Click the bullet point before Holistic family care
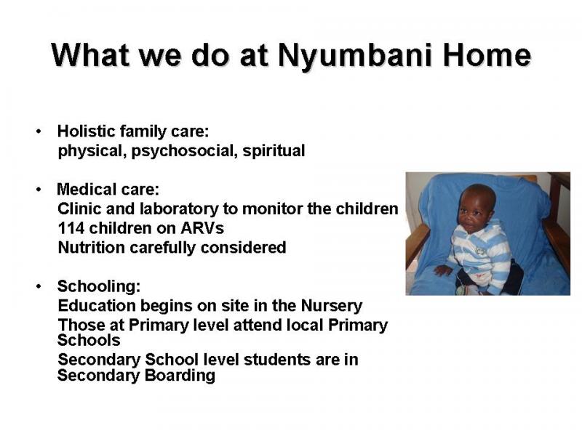coord(39,132)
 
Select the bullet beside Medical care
coord(39,190)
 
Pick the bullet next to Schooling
coord(39,286)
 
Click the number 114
coord(71,228)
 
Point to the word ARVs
coord(202,228)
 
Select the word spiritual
coord(274,151)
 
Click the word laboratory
coord(179,209)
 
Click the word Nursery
coord(332,306)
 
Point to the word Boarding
coord(180,376)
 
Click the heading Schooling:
coord(99,286)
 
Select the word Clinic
coord(79,209)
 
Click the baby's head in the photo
coord(477,208)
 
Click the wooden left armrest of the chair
coord(418,243)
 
